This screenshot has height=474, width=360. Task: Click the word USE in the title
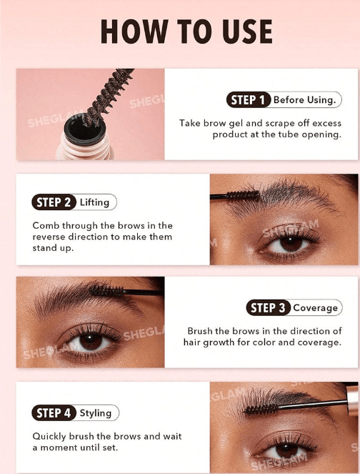tap(247, 31)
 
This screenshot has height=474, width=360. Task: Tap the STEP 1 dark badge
tap(249, 100)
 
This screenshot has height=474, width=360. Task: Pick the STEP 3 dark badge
tap(268, 307)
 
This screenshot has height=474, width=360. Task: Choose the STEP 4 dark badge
tap(54, 413)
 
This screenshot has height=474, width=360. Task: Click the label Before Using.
tap(304, 100)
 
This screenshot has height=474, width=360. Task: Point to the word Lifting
tap(94, 202)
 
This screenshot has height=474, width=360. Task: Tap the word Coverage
tap(315, 308)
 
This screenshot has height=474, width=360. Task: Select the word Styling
tap(96, 413)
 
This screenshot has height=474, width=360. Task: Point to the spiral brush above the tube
tap(109, 94)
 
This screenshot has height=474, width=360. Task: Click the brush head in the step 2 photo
tap(243, 196)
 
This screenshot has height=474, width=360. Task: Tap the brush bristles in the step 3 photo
tap(106, 291)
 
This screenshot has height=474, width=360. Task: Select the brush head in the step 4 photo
tap(261, 410)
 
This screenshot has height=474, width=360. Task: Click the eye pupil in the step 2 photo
tap(291, 243)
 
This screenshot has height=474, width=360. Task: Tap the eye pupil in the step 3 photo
tap(90, 340)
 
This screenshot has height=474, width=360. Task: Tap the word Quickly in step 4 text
tap(49, 437)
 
